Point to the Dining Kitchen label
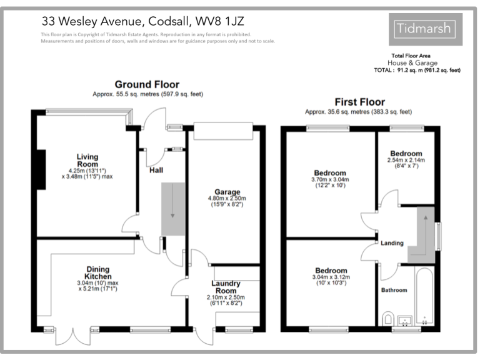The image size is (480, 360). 98,272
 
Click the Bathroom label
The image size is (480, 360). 394,290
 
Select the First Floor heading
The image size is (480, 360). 359,102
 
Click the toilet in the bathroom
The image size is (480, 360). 387,317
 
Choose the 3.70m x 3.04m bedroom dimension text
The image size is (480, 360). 331,180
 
